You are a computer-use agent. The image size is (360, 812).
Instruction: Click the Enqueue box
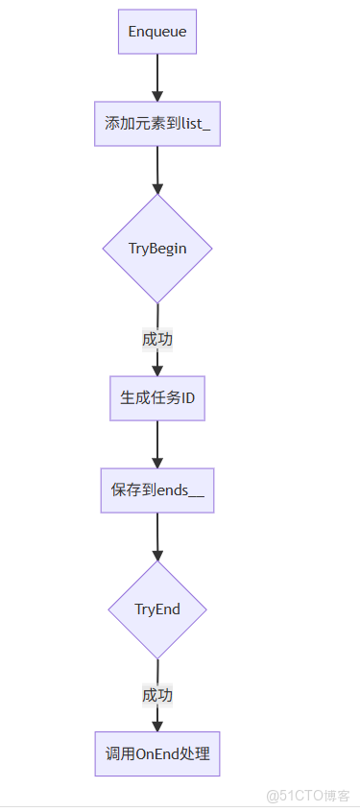157,33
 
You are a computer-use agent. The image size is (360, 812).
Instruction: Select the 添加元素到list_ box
157,124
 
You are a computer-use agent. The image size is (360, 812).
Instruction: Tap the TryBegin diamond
157,249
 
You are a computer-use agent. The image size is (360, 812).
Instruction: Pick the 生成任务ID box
157,398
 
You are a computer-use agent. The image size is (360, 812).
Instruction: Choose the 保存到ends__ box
157,491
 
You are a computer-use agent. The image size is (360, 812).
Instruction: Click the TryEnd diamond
157,609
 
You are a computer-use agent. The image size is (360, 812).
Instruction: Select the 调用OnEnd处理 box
157,754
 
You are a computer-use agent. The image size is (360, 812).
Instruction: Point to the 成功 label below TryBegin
157,339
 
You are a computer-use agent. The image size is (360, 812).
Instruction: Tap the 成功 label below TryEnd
157,695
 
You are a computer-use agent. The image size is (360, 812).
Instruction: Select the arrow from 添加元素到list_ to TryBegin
157,168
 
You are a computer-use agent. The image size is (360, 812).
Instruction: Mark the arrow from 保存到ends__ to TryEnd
157,536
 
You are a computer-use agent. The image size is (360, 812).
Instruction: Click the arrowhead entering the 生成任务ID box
157,370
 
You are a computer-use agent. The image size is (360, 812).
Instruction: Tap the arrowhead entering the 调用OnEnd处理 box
157,726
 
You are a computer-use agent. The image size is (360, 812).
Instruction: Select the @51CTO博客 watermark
307,796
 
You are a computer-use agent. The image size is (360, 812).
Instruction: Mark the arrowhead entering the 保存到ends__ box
157,462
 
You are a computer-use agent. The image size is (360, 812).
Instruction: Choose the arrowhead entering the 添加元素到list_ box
157,95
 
